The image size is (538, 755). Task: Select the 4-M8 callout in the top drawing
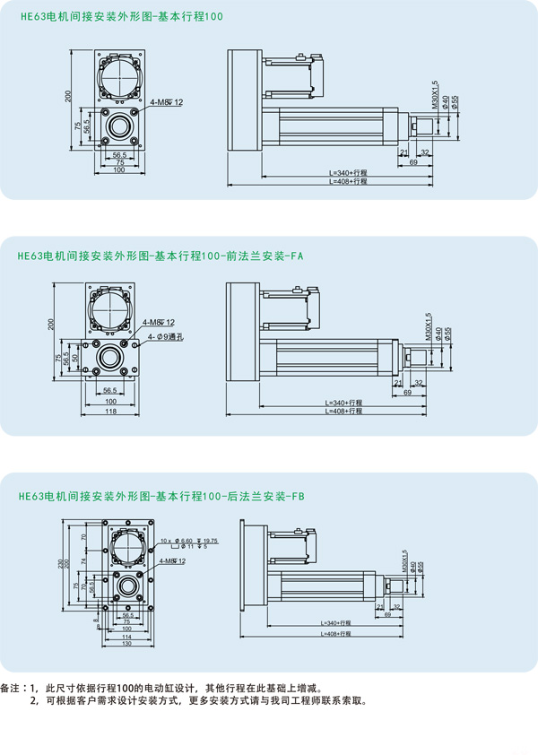167,102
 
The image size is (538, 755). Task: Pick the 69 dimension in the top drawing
413,162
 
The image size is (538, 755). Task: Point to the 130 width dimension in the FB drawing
127,643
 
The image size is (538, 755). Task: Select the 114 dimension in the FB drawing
126,636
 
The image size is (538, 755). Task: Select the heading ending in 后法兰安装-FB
162,496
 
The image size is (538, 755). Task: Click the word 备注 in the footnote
13,689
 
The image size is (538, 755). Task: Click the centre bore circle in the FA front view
111,358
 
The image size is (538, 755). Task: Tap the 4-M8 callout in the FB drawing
171,561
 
